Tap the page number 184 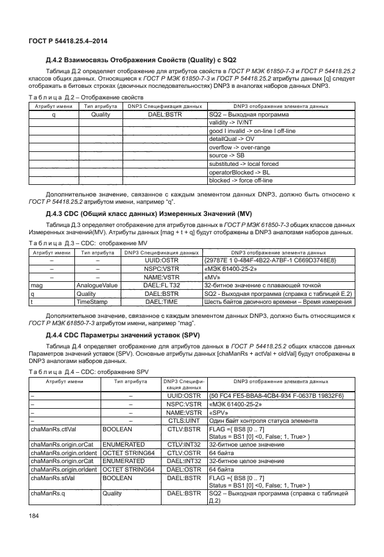[x=34, y=517]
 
